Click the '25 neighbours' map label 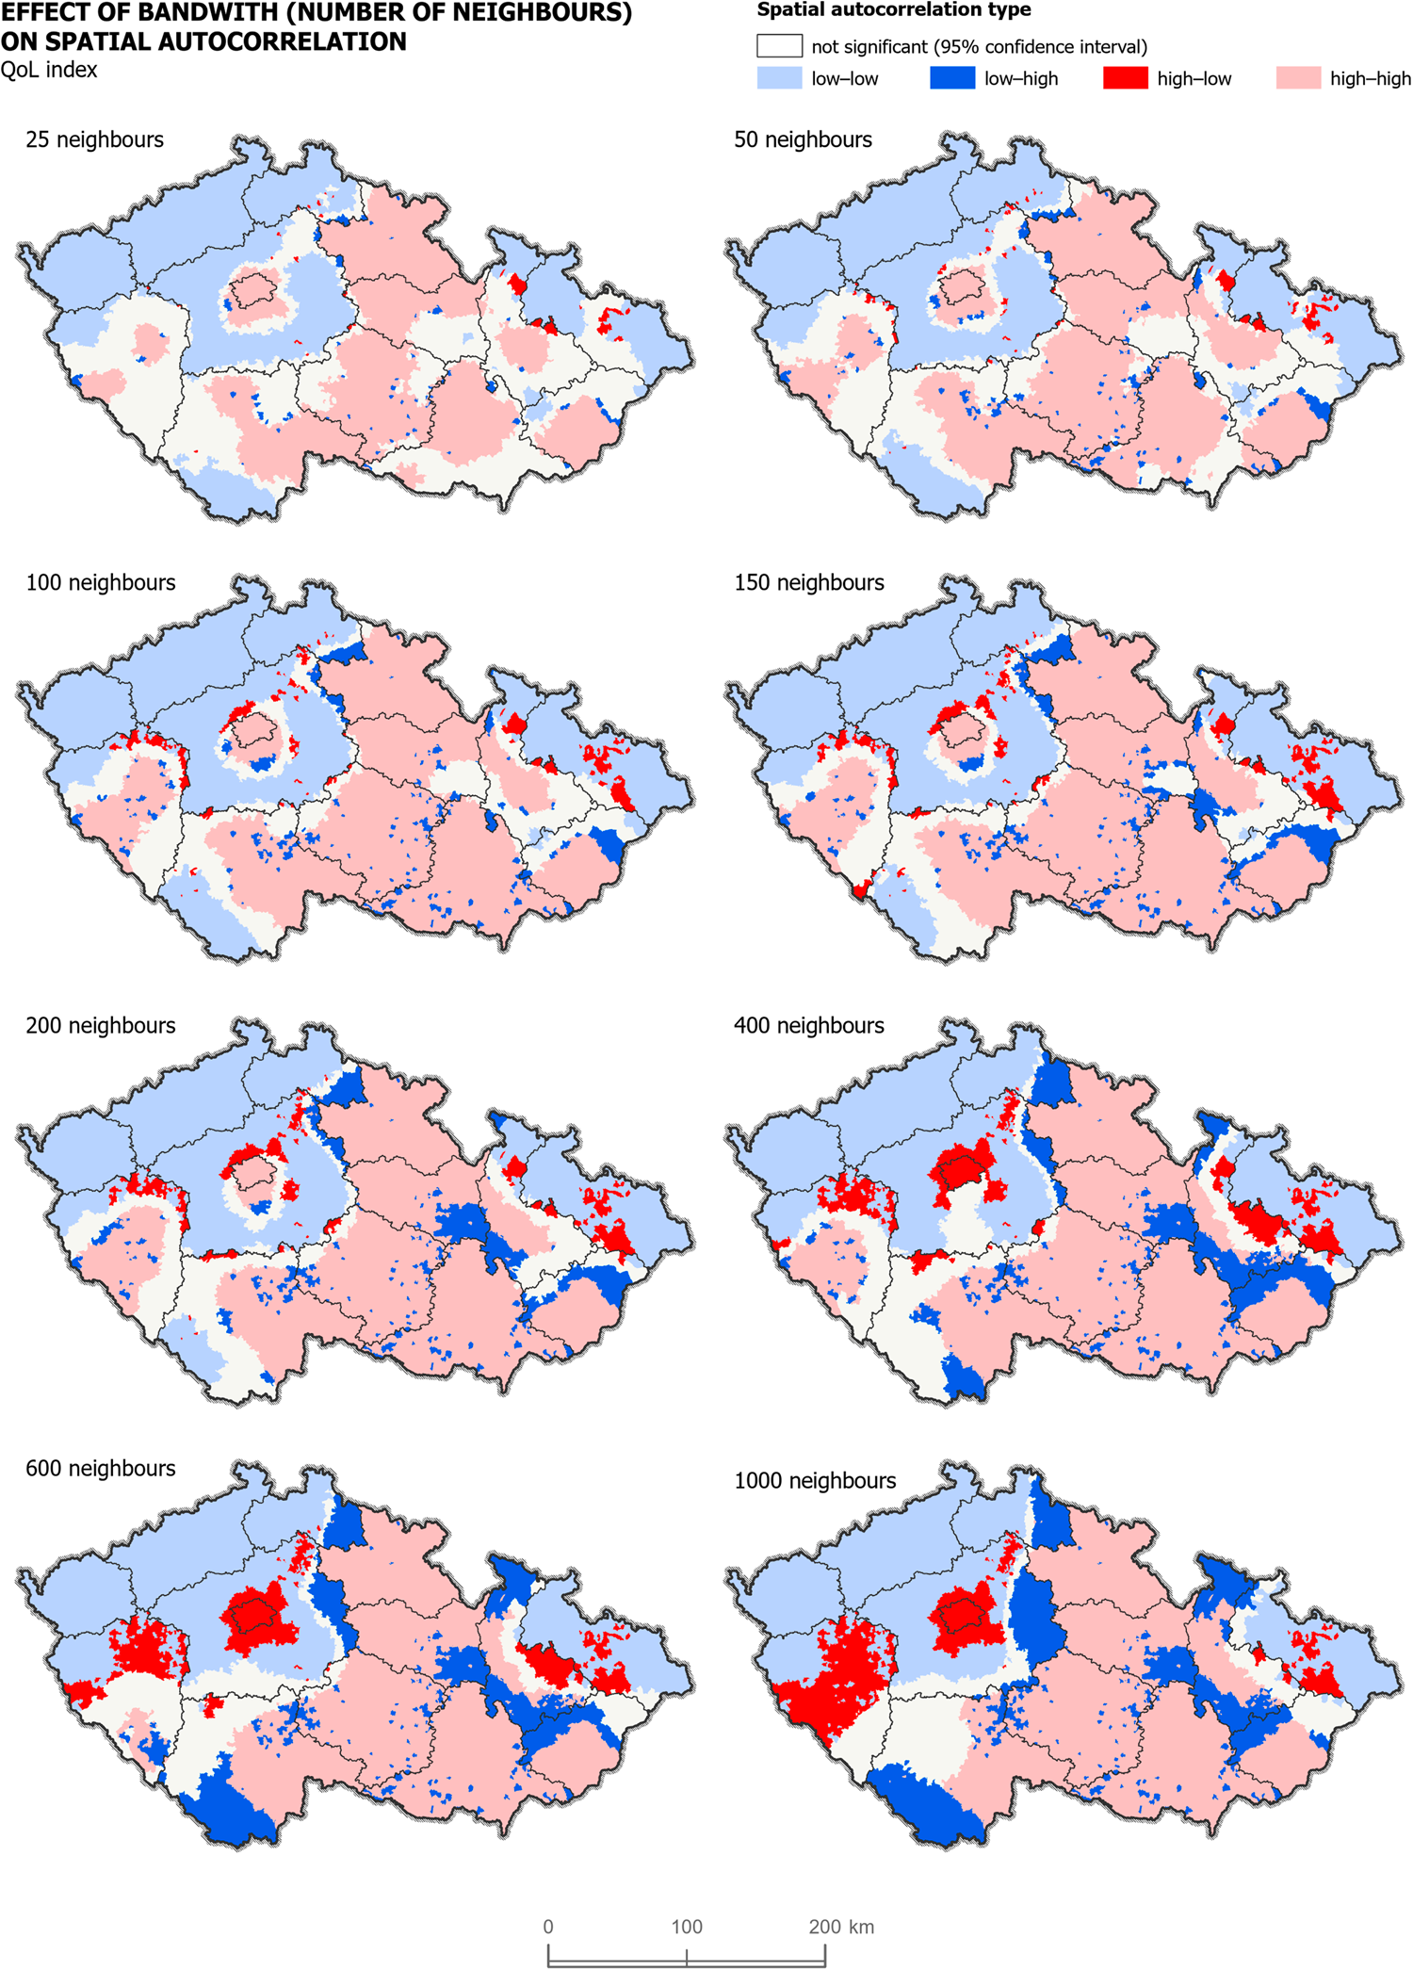94,139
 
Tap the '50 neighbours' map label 803,139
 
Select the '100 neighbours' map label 100,582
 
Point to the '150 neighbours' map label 808,582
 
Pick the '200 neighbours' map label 100,1025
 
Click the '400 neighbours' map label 808,1025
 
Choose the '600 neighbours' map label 100,1468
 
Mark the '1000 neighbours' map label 815,1480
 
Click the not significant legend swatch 779,46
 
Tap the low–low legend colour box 779,78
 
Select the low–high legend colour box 952,78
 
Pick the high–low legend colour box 1126,78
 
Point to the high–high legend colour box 1298,78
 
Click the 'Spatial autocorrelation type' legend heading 893,10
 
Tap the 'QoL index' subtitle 49,70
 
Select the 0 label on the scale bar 548,1927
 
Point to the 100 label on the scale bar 687,1927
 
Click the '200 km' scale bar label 840,1927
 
